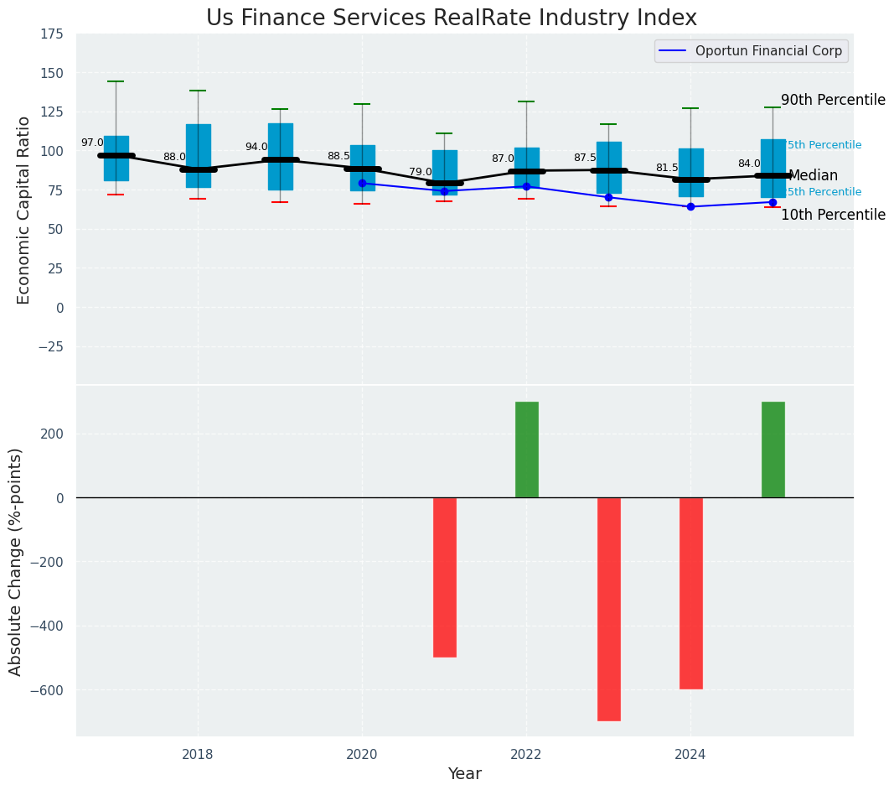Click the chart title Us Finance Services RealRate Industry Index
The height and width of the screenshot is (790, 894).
click(x=451, y=18)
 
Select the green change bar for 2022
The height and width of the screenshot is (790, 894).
click(x=527, y=450)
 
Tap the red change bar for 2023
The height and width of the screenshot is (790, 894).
click(x=609, y=609)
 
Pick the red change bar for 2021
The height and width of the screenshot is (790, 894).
click(x=445, y=577)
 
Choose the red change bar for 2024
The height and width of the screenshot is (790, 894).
click(x=691, y=593)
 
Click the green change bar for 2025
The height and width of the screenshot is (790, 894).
click(x=773, y=450)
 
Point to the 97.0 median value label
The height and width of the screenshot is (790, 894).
click(x=92, y=143)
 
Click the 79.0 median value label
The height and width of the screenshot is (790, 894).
click(x=421, y=172)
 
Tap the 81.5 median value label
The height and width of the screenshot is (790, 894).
click(x=667, y=168)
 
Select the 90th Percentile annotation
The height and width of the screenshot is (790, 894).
click(x=833, y=101)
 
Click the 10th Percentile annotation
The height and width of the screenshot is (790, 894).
click(x=833, y=216)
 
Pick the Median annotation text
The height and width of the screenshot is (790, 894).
click(x=813, y=176)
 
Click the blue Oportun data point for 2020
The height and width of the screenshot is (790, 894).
click(x=362, y=183)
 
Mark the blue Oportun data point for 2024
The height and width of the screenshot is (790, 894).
click(x=690, y=206)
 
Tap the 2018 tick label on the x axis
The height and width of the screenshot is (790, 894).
click(x=198, y=755)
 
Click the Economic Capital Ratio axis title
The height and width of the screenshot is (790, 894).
click(x=24, y=210)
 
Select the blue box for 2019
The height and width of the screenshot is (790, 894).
click(x=281, y=157)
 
